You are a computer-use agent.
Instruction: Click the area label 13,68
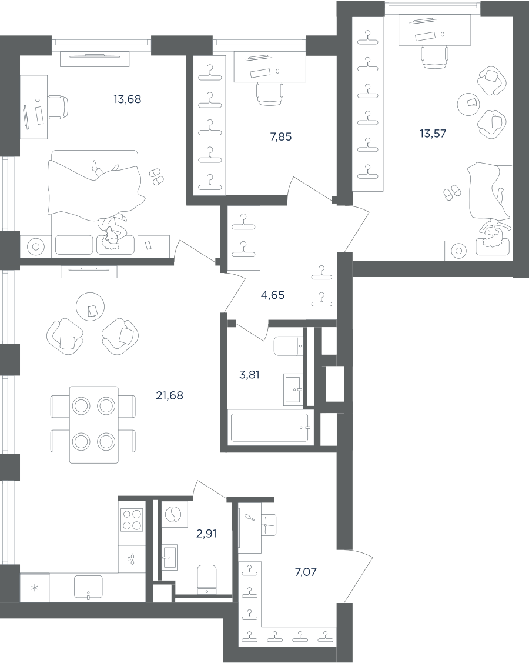127,99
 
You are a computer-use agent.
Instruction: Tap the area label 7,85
281,136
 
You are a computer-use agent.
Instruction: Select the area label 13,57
433,134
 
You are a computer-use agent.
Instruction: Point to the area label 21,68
169,395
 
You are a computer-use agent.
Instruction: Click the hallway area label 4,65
273,295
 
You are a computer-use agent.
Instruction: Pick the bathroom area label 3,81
249,375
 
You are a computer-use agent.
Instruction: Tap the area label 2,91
206,534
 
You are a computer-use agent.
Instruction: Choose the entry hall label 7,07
306,572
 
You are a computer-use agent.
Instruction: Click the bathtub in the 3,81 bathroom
270,428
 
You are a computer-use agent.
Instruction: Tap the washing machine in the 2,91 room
172,515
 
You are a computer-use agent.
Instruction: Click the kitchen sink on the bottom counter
88,587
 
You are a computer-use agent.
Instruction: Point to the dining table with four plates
94,425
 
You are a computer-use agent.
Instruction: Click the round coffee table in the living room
90,306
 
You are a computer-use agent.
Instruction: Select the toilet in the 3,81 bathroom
289,347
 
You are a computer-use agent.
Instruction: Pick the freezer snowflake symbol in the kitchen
35,588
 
